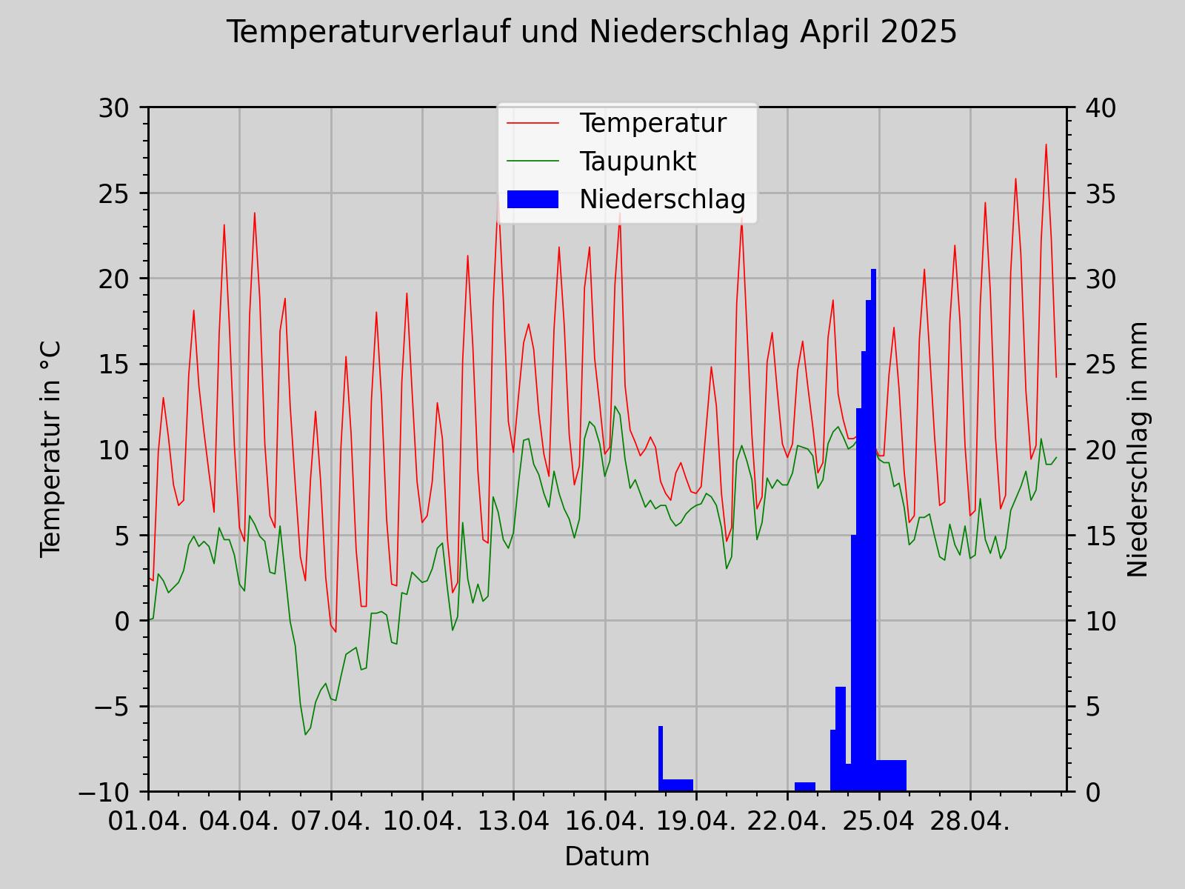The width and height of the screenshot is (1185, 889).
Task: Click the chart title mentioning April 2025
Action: [x=591, y=33]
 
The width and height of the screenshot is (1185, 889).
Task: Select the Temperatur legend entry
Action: [x=652, y=123]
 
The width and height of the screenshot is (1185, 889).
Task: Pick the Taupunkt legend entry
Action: [x=637, y=162]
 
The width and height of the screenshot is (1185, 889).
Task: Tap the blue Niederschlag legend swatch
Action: [x=533, y=199]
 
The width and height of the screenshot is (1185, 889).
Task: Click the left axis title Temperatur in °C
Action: [x=50, y=449]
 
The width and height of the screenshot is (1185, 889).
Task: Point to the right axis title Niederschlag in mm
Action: [x=1137, y=449]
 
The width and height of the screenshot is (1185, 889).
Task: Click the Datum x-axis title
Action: [x=607, y=856]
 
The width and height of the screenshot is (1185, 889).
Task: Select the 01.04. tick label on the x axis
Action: [x=148, y=822]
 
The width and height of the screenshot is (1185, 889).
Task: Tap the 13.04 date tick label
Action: [x=513, y=822]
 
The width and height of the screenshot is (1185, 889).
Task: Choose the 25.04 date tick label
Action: [x=878, y=822]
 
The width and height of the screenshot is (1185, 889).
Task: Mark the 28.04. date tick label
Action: [x=970, y=822]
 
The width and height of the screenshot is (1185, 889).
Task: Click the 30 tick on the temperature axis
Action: [x=113, y=108]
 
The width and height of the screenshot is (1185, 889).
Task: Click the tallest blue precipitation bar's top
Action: [x=874, y=270]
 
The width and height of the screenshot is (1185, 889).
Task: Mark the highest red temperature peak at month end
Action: [x=1046, y=144]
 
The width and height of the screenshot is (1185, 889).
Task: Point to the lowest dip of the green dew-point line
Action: [x=305, y=734]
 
